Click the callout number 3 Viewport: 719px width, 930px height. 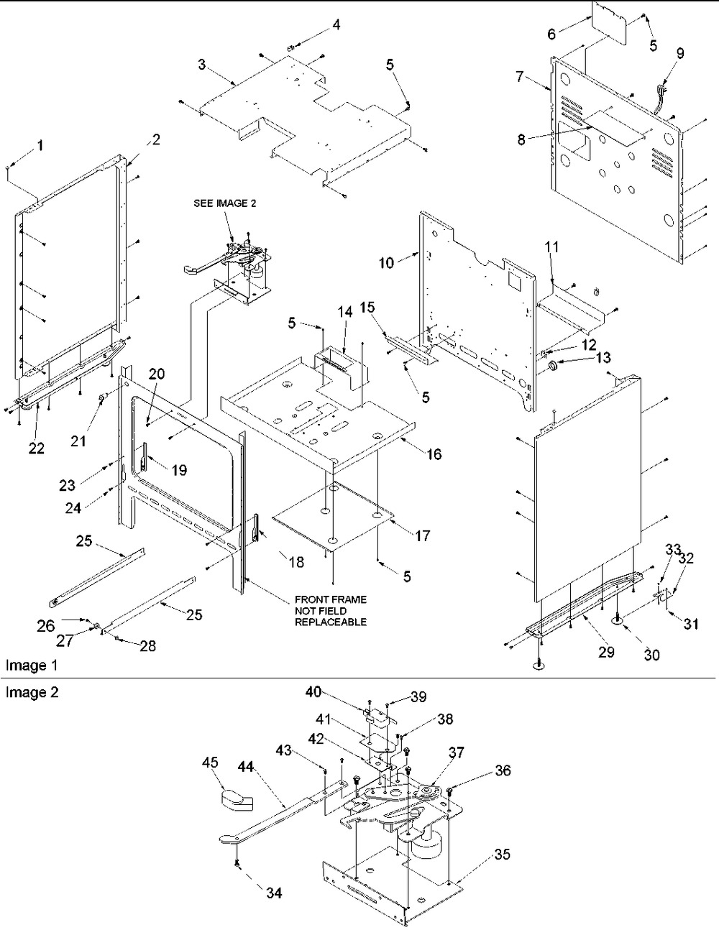point(203,65)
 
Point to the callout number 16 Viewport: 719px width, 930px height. point(434,454)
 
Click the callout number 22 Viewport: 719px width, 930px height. point(36,448)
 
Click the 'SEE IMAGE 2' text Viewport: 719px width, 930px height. point(224,203)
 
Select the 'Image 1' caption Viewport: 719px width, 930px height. point(26,666)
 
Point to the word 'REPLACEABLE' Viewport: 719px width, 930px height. point(330,622)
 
